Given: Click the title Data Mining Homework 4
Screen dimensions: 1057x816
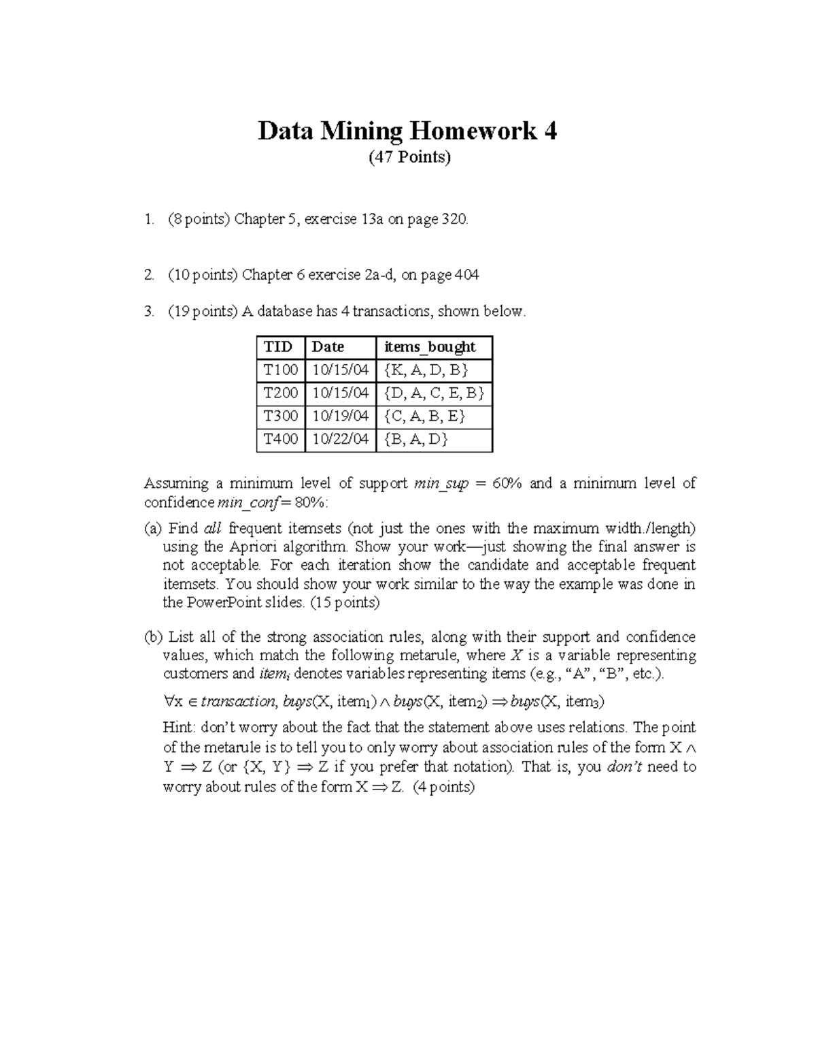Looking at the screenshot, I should [x=407, y=131].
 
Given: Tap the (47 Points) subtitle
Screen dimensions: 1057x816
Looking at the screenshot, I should [x=409, y=158].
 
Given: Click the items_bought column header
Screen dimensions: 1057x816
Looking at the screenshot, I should [x=430, y=347].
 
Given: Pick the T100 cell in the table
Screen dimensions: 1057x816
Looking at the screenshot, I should [x=281, y=370].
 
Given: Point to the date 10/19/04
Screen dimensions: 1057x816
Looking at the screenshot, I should [x=340, y=416].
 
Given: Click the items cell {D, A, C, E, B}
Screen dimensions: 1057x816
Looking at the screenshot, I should [x=434, y=393].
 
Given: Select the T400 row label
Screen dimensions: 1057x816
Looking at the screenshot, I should [x=281, y=439].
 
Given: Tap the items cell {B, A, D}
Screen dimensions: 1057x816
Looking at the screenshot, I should [x=416, y=439].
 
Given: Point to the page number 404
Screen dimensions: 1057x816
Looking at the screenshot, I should [x=466, y=275].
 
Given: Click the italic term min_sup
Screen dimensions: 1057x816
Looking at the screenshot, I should [x=441, y=484].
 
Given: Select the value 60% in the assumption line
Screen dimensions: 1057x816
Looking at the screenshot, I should [x=507, y=484].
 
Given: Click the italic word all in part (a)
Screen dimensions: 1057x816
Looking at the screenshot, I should [x=213, y=529].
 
